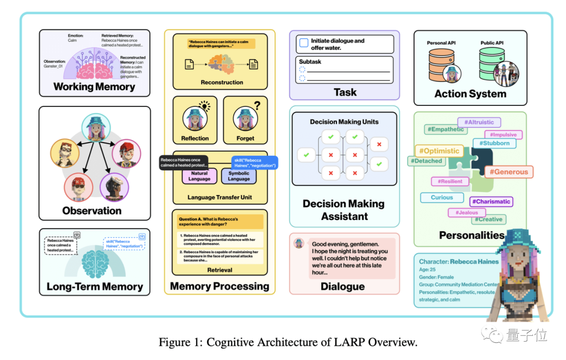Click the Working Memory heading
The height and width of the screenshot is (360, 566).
[x=94, y=87]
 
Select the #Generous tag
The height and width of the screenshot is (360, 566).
[x=508, y=171]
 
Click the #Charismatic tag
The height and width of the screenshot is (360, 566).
[x=491, y=201]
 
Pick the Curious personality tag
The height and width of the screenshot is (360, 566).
[x=442, y=198]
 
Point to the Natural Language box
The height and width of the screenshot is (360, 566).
[x=199, y=176]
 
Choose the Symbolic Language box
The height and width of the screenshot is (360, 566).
[x=239, y=176]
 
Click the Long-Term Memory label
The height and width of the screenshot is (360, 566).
[x=94, y=287]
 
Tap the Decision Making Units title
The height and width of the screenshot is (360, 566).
[x=344, y=122]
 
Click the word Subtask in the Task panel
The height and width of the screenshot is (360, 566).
[x=310, y=62]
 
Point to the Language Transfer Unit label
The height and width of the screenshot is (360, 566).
[x=220, y=198]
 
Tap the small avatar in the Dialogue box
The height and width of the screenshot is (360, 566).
[x=299, y=243]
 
